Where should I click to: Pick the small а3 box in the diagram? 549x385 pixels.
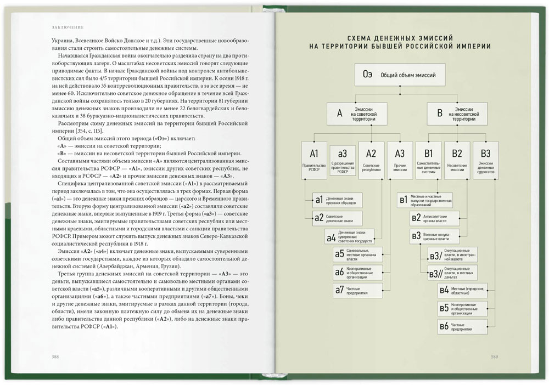click(x=343, y=160)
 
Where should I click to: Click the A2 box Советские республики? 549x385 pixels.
click(x=371, y=160)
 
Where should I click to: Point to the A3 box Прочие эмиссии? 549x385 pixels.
click(x=400, y=160)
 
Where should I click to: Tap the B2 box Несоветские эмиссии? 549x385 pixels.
click(x=457, y=160)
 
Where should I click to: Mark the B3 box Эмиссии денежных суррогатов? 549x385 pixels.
click(x=486, y=160)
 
